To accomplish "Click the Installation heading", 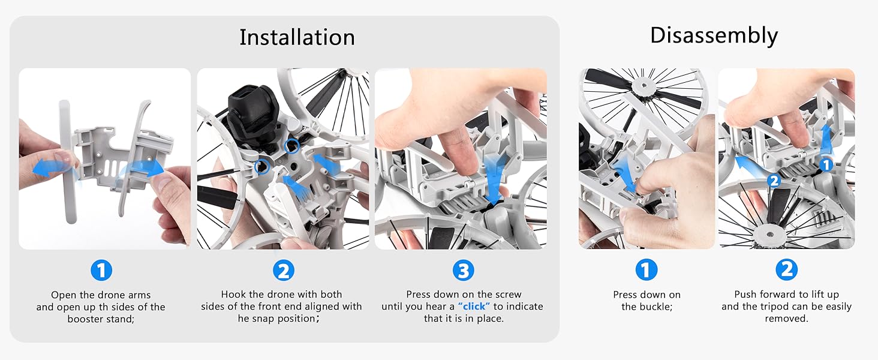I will tap(297, 37).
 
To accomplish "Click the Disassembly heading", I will tap(714, 35).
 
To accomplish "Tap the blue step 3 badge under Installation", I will tap(462, 271).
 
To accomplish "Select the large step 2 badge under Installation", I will tap(283, 271).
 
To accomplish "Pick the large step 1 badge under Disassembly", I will tap(646, 271).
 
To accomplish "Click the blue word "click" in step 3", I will tap(474, 307).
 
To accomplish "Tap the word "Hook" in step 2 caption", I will tap(233, 295).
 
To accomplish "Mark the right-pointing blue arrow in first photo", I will tap(148, 169).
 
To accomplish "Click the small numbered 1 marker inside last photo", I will tap(826, 163).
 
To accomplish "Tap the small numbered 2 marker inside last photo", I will tap(774, 180).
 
